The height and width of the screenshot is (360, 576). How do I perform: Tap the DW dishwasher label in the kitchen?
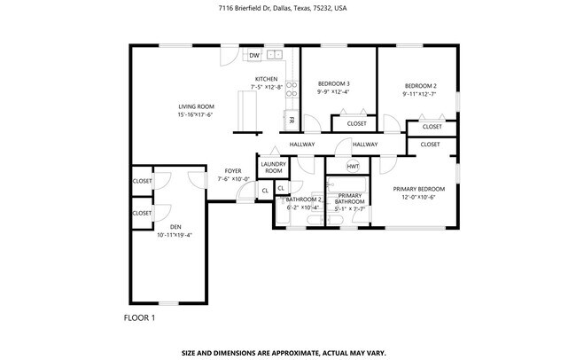(254, 56)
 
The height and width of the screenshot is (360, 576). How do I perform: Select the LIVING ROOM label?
(196, 106)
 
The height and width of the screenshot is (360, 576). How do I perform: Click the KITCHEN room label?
(267, 79)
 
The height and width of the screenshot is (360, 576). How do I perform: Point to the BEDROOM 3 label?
(333, 83)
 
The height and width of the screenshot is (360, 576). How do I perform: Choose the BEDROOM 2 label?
(419, 85)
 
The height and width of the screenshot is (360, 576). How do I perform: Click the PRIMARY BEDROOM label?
(418, 189)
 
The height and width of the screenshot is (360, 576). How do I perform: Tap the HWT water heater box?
(352, 166)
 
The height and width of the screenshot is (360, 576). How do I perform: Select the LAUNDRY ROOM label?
(273, 167)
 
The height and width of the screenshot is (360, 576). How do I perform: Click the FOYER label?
(232, 170)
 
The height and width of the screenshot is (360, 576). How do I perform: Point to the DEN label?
(175, 227)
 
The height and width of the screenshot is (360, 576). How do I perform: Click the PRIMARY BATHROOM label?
(349, 199)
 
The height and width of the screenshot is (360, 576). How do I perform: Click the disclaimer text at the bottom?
(284, 351)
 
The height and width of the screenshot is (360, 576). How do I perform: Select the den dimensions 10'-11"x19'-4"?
(175, 235)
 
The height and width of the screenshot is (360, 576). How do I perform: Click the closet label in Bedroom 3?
(356, 123)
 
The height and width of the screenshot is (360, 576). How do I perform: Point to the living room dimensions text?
(196, 114)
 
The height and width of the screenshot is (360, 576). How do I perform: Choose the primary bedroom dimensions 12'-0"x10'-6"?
(418, 198)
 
